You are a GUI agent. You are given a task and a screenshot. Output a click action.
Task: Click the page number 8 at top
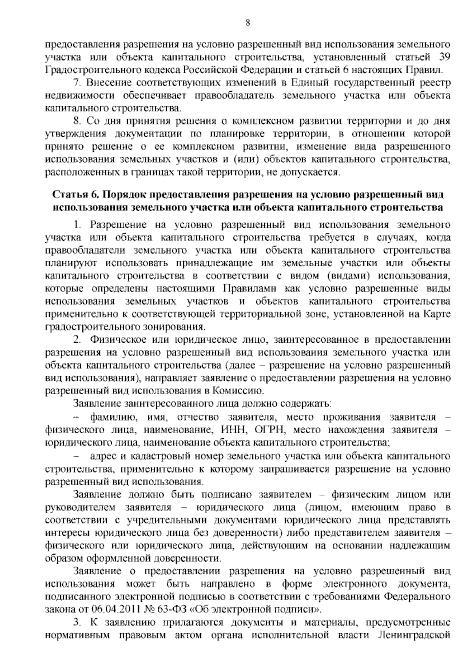coord(248,22)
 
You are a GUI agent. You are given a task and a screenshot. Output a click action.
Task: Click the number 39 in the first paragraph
coord(444,58)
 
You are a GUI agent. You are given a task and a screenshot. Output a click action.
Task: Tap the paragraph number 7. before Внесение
coord(77,83)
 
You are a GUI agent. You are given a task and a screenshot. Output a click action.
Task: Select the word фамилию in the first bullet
coord(114,417)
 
